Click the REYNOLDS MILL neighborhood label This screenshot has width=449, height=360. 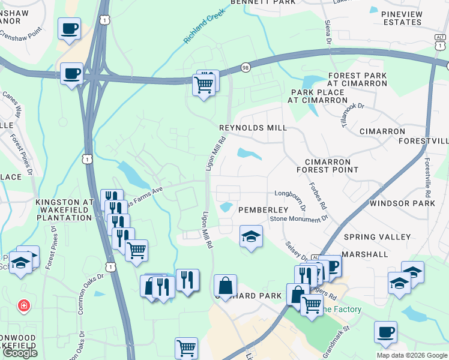tap(253, 128)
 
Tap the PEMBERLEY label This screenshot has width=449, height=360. tap(264, 210)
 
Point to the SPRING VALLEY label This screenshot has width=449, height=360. tap(377, 238)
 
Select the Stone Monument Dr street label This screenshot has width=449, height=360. tap(298, 219)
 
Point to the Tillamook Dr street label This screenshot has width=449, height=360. tap(352, 114)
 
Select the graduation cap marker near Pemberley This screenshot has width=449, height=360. tap(251, 236)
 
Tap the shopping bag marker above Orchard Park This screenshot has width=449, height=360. tap(225, 286)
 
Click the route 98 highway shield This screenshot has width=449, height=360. tap(246, 67)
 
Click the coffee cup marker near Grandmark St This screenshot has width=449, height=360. tap(385, 331)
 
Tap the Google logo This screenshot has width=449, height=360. tap(20, 353)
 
